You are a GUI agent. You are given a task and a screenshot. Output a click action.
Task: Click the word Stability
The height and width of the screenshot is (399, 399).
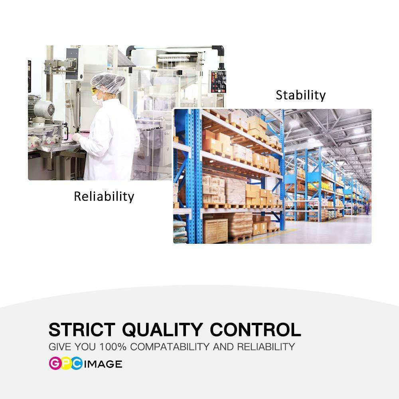click(300, 95)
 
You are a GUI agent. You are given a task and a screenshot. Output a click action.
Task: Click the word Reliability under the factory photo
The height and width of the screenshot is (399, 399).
click(104, 196)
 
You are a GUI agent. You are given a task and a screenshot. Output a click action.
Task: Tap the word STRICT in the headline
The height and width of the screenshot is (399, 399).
click(82, 330)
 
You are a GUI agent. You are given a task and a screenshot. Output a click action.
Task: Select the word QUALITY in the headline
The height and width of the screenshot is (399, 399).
click(162, 330)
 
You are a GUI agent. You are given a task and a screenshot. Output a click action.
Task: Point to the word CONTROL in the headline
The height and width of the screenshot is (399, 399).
click(255, 330)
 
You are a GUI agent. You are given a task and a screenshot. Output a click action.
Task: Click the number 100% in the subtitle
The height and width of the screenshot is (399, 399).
click(113, 347)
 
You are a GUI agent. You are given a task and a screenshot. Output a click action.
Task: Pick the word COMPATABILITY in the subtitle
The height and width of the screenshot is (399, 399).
click(170, 347)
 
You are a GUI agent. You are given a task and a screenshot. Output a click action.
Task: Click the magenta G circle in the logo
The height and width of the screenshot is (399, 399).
click(55, 363)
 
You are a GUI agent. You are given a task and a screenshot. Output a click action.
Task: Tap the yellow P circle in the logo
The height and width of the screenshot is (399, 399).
click(66, 363)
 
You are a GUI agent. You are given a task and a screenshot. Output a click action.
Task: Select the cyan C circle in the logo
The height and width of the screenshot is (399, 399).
click(76, 363)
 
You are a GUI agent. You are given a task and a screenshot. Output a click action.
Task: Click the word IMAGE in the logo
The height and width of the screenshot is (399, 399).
click(103, 364)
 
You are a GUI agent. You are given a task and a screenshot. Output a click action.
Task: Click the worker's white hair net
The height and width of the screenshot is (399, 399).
click(108, 82)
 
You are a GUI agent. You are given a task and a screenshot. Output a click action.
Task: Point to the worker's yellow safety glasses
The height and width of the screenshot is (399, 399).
click(94, 90)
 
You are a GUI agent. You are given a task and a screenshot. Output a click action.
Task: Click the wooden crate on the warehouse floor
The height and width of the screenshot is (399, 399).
click(215, 231)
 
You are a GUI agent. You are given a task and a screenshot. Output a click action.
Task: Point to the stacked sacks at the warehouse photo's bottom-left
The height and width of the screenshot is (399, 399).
click(180, 231)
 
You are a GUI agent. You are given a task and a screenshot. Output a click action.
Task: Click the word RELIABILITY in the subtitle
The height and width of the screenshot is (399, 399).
click(266, 347)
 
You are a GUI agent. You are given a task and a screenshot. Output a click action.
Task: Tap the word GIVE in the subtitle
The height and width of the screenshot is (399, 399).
click(57, 347)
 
